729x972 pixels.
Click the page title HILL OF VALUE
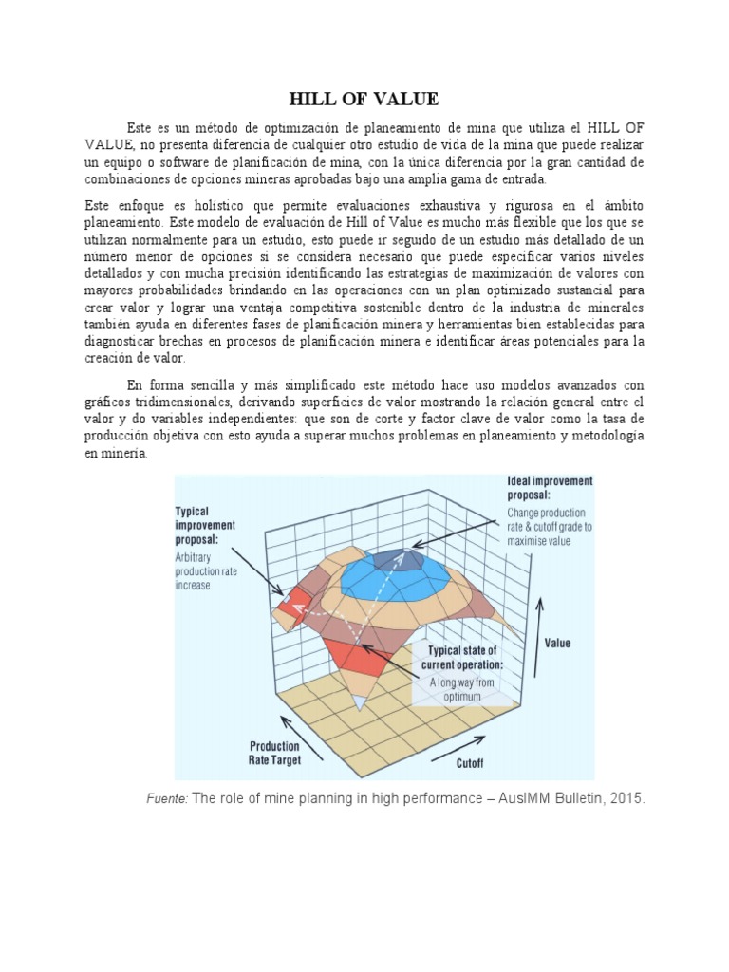pos(364,99)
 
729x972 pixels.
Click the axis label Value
pos(557,643)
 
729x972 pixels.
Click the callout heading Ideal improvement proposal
pos(551,488)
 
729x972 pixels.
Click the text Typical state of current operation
pos(462,657)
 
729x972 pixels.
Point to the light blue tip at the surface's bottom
pos(360,703)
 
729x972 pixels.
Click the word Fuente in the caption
pos(166,799)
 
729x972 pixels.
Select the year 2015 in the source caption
pos(626,799)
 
